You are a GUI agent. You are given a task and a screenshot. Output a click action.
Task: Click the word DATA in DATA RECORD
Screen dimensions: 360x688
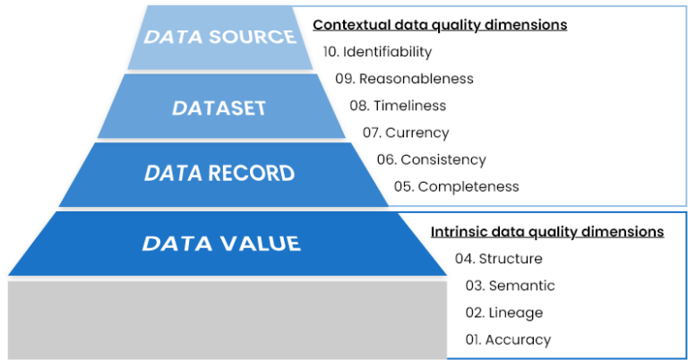coord(174,174)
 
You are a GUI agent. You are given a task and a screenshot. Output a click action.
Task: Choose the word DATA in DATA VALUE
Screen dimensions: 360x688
coord(174,244)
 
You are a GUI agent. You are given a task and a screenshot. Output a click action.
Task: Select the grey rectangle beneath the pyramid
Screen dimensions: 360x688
coord(227,319)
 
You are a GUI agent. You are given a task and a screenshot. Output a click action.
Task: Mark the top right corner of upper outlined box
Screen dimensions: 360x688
coord(685,7)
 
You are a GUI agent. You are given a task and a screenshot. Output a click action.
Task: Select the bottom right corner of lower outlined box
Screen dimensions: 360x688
coord(685,357)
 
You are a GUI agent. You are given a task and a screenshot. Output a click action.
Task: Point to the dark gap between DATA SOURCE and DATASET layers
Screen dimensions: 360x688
coord(219,72)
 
